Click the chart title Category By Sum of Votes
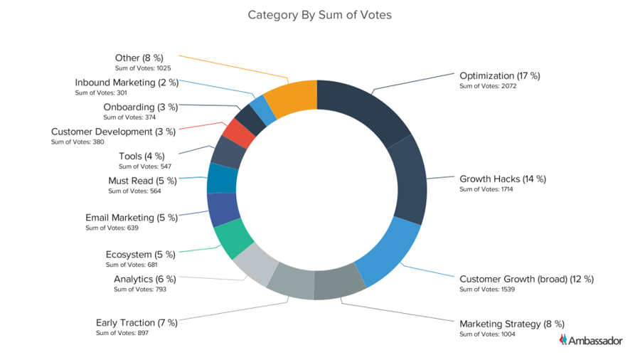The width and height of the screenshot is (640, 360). tap(319, 14)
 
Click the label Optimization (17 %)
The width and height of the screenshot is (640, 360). tap(500, 75)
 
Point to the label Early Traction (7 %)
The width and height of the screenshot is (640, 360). tap(137, 323)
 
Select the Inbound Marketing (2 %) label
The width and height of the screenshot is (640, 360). tap(127, 83)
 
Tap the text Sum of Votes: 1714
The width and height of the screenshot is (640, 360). tap(486, 189)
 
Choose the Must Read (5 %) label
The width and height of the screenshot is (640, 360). tap(143, 181)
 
